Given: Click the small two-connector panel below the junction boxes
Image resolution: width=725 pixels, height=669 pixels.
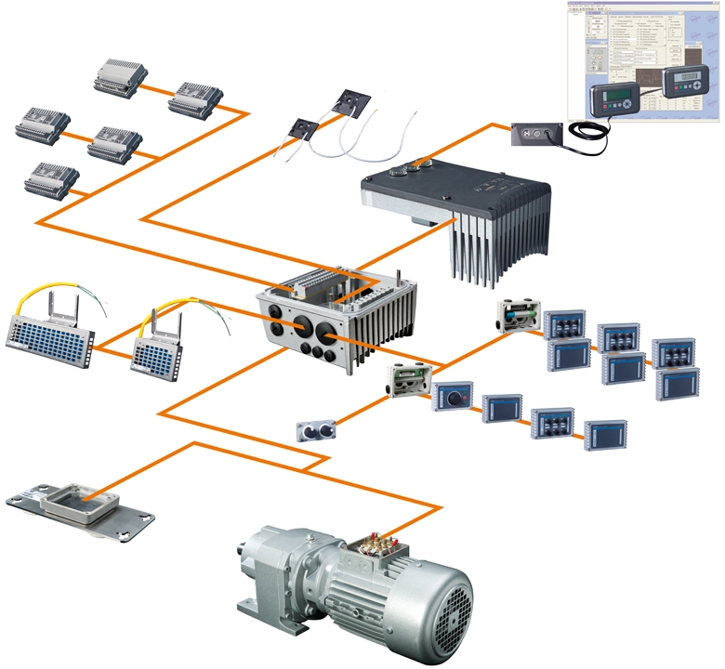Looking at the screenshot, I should [313, 430].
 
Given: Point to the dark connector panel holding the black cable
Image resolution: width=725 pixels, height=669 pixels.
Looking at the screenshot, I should [536, 135].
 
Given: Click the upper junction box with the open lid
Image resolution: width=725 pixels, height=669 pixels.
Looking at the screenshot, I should [519, 315].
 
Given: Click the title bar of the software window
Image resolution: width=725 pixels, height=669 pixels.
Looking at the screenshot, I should [641, 5].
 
